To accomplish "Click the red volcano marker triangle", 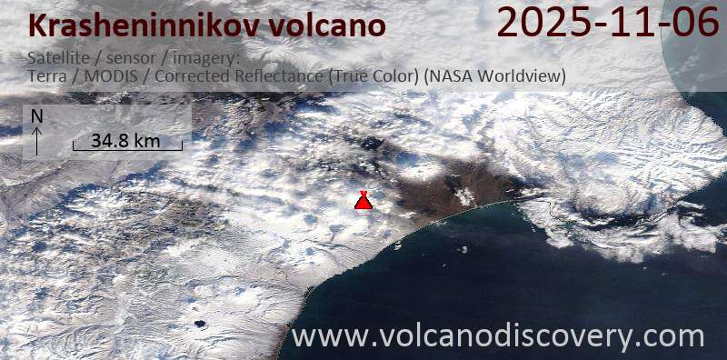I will [363, 202].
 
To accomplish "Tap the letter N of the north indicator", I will [36, 116].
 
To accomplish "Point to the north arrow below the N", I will [36, 141].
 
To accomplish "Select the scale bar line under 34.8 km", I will [127, 149].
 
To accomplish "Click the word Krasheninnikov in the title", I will [132, 26].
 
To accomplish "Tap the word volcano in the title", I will [324, 26].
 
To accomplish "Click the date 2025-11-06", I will [608, 24].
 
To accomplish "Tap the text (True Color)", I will [373, 76].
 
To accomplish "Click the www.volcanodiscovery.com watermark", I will [498, 336].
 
